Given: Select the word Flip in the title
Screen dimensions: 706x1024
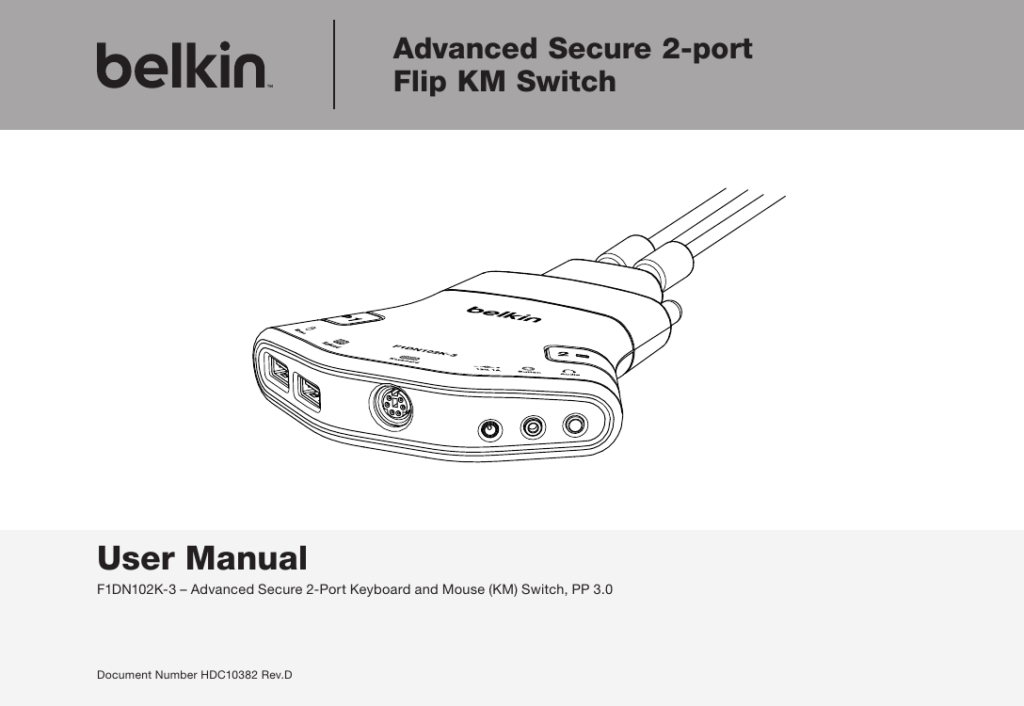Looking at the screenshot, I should [x=420, y=82].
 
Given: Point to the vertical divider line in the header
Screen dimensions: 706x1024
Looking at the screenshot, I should [x=334, y=65].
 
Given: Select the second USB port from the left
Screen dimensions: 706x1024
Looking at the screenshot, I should [x=307, y=392].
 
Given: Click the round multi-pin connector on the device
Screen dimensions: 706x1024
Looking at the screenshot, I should [x=390, y=409].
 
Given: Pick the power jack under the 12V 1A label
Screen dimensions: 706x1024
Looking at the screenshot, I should [x=488, y=430].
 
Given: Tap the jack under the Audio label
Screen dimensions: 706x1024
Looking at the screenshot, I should [x=576, y=426].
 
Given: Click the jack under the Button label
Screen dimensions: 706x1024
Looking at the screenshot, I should [x=534, y=428].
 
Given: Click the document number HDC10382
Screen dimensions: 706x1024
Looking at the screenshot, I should [x=231, y=676].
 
